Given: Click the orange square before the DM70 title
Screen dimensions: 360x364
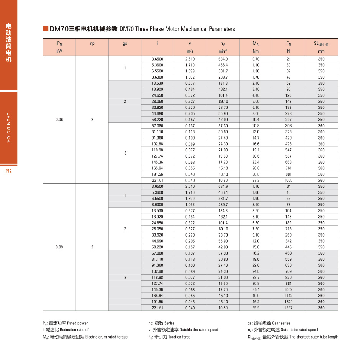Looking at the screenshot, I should pyautogui.click(x=46, y=29).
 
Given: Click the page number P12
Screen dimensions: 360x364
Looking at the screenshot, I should pyautogui.click(x=9, y=171).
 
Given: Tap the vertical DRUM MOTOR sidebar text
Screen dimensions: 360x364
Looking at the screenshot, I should pyautogui.click(x=9, y=128).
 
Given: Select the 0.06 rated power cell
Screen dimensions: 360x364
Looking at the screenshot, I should pyautogui.click(x=59, y=120).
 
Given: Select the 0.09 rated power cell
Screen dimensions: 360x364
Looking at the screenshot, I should pyautogui.click(x=59, y=247).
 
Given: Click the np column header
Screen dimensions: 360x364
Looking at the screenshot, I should pyautogui.click(x=92, y=43).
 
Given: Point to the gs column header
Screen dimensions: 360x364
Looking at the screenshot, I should pyautogui.click(x=125, y=43).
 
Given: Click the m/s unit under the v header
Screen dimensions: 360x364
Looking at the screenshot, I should pyautogui.click(x=190, y=51).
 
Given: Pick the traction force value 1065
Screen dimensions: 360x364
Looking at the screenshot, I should pyautogui.click(x=289, y=180).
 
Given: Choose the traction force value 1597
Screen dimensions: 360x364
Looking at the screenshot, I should pyautogui.click(x=289, y=308).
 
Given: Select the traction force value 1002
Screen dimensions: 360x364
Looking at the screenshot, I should pyautogui.click(x=289, y=290).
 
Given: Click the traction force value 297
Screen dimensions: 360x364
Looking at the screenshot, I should pyautogui.click(x=289, y=120).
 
